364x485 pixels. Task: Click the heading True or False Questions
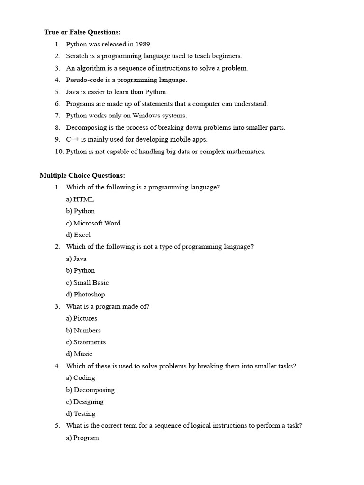point(82,32)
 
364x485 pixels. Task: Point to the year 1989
point(143,45)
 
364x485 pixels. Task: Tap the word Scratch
point(77,56)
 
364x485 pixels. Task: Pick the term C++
point(73,139)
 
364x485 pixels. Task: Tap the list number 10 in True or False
point(59,152)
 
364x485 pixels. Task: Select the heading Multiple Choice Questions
point(82,175)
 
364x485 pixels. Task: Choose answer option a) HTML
point(80,199)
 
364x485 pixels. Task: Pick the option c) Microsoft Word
point(93,223)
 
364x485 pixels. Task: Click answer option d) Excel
point(78,235)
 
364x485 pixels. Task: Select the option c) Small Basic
point(87,283)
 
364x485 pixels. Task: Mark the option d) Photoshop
point(85,295)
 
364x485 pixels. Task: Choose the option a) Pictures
point(82,318)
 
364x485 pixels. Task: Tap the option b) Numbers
point(83,331)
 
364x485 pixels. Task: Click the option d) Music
point(79,354)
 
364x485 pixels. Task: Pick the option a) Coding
point(81,378)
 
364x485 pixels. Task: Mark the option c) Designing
point(85,402)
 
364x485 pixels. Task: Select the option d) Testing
point(81,414)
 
